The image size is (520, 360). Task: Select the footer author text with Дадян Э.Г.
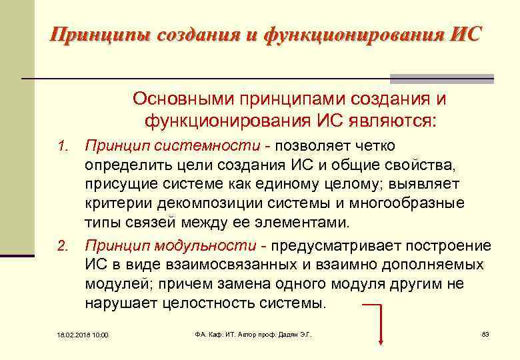[x=253, y=334]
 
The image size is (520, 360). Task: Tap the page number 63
[x=485, y=334]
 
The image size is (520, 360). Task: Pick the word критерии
[x=113, y=203]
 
